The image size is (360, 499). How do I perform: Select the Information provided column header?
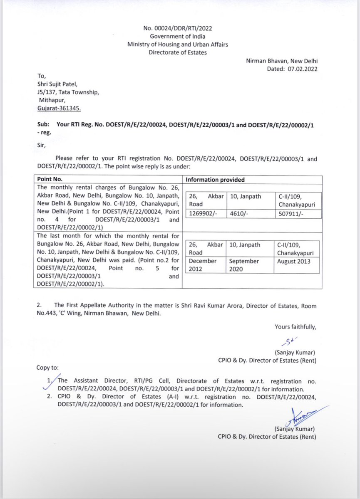tap(215, 180)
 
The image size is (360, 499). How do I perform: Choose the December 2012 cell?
tap(203, 265)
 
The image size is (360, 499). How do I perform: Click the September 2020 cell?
tap(244, 265)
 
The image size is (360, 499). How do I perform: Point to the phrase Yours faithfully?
tap(295, 327)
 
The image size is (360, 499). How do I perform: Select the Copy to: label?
tap(47, 368)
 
